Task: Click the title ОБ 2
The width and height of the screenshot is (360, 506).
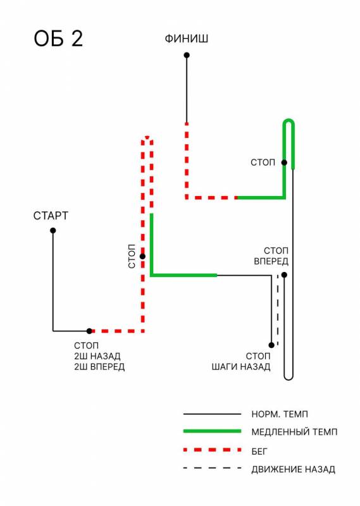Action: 58,39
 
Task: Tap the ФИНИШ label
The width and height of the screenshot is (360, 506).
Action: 186,39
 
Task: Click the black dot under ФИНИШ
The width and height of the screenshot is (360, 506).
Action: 187,55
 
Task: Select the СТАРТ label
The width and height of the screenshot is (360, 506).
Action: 51,216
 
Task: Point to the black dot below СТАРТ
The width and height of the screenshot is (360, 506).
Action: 53,230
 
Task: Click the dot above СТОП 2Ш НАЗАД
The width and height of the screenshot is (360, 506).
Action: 89,331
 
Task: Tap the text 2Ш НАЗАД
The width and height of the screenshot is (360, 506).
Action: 97,356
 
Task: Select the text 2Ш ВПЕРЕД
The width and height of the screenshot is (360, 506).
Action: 99,367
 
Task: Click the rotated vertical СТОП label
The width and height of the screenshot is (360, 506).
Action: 132,256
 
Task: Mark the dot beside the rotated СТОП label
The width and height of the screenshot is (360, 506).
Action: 142,257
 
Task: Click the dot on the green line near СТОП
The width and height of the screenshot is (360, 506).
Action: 284,163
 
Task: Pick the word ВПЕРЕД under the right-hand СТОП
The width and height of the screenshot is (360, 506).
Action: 271,261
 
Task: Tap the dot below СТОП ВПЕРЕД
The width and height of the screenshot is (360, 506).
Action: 284,275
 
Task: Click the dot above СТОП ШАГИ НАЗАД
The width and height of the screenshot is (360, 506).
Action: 271,345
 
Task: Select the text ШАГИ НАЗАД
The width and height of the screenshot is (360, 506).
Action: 241,367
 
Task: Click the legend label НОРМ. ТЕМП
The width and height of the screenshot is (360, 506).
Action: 280,414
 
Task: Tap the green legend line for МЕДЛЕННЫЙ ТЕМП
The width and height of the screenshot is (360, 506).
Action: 212,431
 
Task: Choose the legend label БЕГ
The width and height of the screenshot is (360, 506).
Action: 259,451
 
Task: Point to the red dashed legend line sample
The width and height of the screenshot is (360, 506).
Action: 212,450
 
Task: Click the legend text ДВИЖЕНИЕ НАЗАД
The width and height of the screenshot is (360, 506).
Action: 293,469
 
